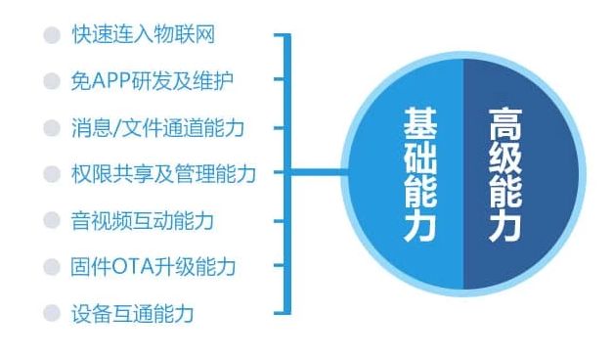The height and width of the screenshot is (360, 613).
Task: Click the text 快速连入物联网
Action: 143,35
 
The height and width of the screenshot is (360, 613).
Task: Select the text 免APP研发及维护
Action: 152,81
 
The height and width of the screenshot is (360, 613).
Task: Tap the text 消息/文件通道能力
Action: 156,127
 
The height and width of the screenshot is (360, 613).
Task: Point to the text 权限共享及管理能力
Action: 163,174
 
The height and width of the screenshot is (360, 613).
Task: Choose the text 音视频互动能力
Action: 143,220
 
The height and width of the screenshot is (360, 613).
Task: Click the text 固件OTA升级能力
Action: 153,266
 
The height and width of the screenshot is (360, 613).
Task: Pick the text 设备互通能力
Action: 132,313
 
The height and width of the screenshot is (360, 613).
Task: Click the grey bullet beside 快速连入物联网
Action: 52,35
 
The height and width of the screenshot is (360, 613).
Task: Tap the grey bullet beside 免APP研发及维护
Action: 52,81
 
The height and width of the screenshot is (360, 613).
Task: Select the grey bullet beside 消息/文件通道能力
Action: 52,127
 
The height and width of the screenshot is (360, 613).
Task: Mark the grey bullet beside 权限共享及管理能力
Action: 52,174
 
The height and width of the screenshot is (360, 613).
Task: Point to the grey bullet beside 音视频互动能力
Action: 52,220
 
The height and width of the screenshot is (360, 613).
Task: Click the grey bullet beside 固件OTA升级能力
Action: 52,266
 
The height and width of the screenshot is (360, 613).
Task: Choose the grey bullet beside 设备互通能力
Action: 52,313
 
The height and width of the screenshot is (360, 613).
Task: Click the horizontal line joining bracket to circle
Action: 324,174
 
